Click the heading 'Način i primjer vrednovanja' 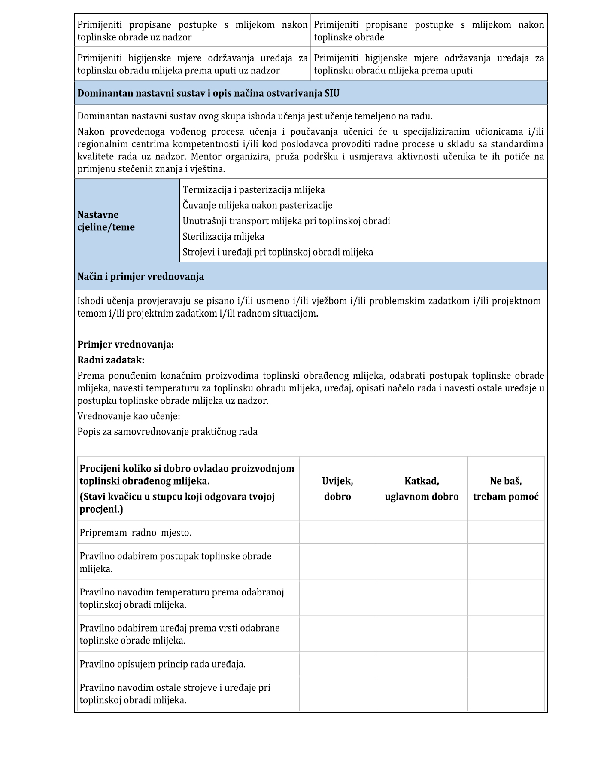(140, 276)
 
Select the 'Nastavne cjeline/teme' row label (106, 221)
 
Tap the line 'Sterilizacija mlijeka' (223, 237)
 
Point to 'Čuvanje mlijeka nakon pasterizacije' (258, 205)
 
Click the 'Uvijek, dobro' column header (337, 488)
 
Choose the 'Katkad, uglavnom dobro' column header (422, 488)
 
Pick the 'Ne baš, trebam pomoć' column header (506, 488)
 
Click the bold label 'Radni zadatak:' (111, 360)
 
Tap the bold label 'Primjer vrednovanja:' (126, 345)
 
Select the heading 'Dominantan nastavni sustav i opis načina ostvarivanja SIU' (208, 93)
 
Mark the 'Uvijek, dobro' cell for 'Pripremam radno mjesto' (337, 532)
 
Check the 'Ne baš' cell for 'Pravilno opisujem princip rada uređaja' (506, 664)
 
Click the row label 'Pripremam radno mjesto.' (135, 533)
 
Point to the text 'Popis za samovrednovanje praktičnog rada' (167, 432)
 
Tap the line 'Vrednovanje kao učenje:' (129, 416)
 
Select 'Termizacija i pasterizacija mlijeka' (254, 190)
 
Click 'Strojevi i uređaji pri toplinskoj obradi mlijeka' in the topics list (278, 252)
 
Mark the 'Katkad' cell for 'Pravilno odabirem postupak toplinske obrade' (422, 562)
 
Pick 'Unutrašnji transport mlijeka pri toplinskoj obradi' (286, 221)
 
